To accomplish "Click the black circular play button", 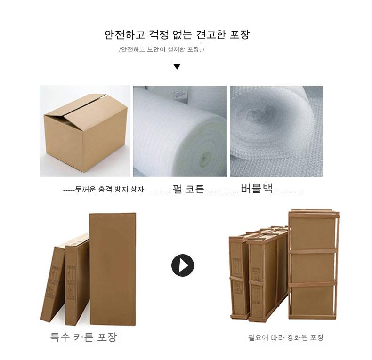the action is pyautogui.click(x=182, y=265).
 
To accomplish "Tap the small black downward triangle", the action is pyautogui.click(x=177, y=66).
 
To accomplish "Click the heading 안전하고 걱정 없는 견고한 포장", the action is pyautogui.click(x=177, y=35).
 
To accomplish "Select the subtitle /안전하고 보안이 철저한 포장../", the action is pyautogui.click(x=162, y=49).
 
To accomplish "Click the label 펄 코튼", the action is pyautogui.click(x=188, y=189).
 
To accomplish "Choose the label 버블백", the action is pyautogui.click(x=257, y=188).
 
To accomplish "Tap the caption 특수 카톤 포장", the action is pyautogui.click(x=84, y=337).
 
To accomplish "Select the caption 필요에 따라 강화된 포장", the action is pyautogui.click(x=286, y=337).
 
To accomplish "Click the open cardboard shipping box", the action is pyautogui.click(x=86, y=133).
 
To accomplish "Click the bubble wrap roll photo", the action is pyautogui.click(x=276, y=131).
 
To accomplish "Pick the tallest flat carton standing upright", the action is pyautogui.click(x=113, y=269).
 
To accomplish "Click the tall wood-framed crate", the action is pyautogui.click(x=314, y=264).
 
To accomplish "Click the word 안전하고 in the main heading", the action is pyautogui.click(x=125, y=35).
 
